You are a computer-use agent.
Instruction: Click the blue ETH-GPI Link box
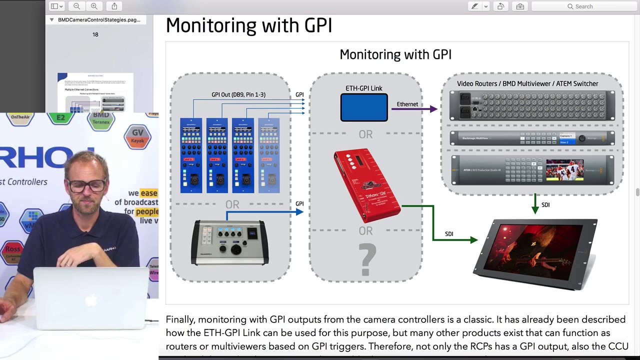(x=364, y=107)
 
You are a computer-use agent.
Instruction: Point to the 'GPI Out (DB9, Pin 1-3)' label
(x=238, y=94)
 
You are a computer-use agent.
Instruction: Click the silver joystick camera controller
(x=230, y=242)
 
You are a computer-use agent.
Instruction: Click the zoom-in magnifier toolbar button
(x=94, y=6)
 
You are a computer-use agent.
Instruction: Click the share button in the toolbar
(x=114, y=6)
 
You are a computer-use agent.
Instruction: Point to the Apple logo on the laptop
(x=91, y=300)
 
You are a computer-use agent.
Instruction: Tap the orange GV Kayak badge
(x=137, y=136)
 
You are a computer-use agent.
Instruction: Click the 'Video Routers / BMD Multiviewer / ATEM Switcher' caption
(x=527, y=83)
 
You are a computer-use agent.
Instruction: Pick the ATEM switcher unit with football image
(x=532, y=170)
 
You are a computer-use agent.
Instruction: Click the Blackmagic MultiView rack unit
(x=532, y=138)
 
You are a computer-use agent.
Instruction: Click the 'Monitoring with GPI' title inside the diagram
(x=395, y=54)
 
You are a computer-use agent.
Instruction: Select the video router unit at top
(x=532, y=105)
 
